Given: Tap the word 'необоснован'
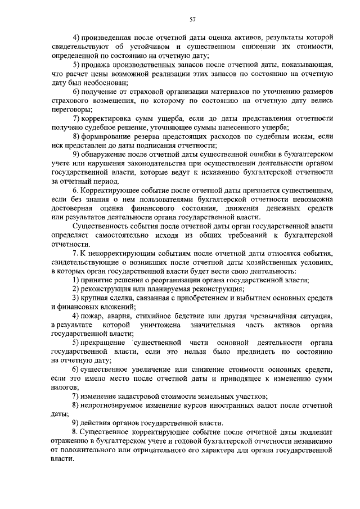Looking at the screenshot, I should tap(99, 82).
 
